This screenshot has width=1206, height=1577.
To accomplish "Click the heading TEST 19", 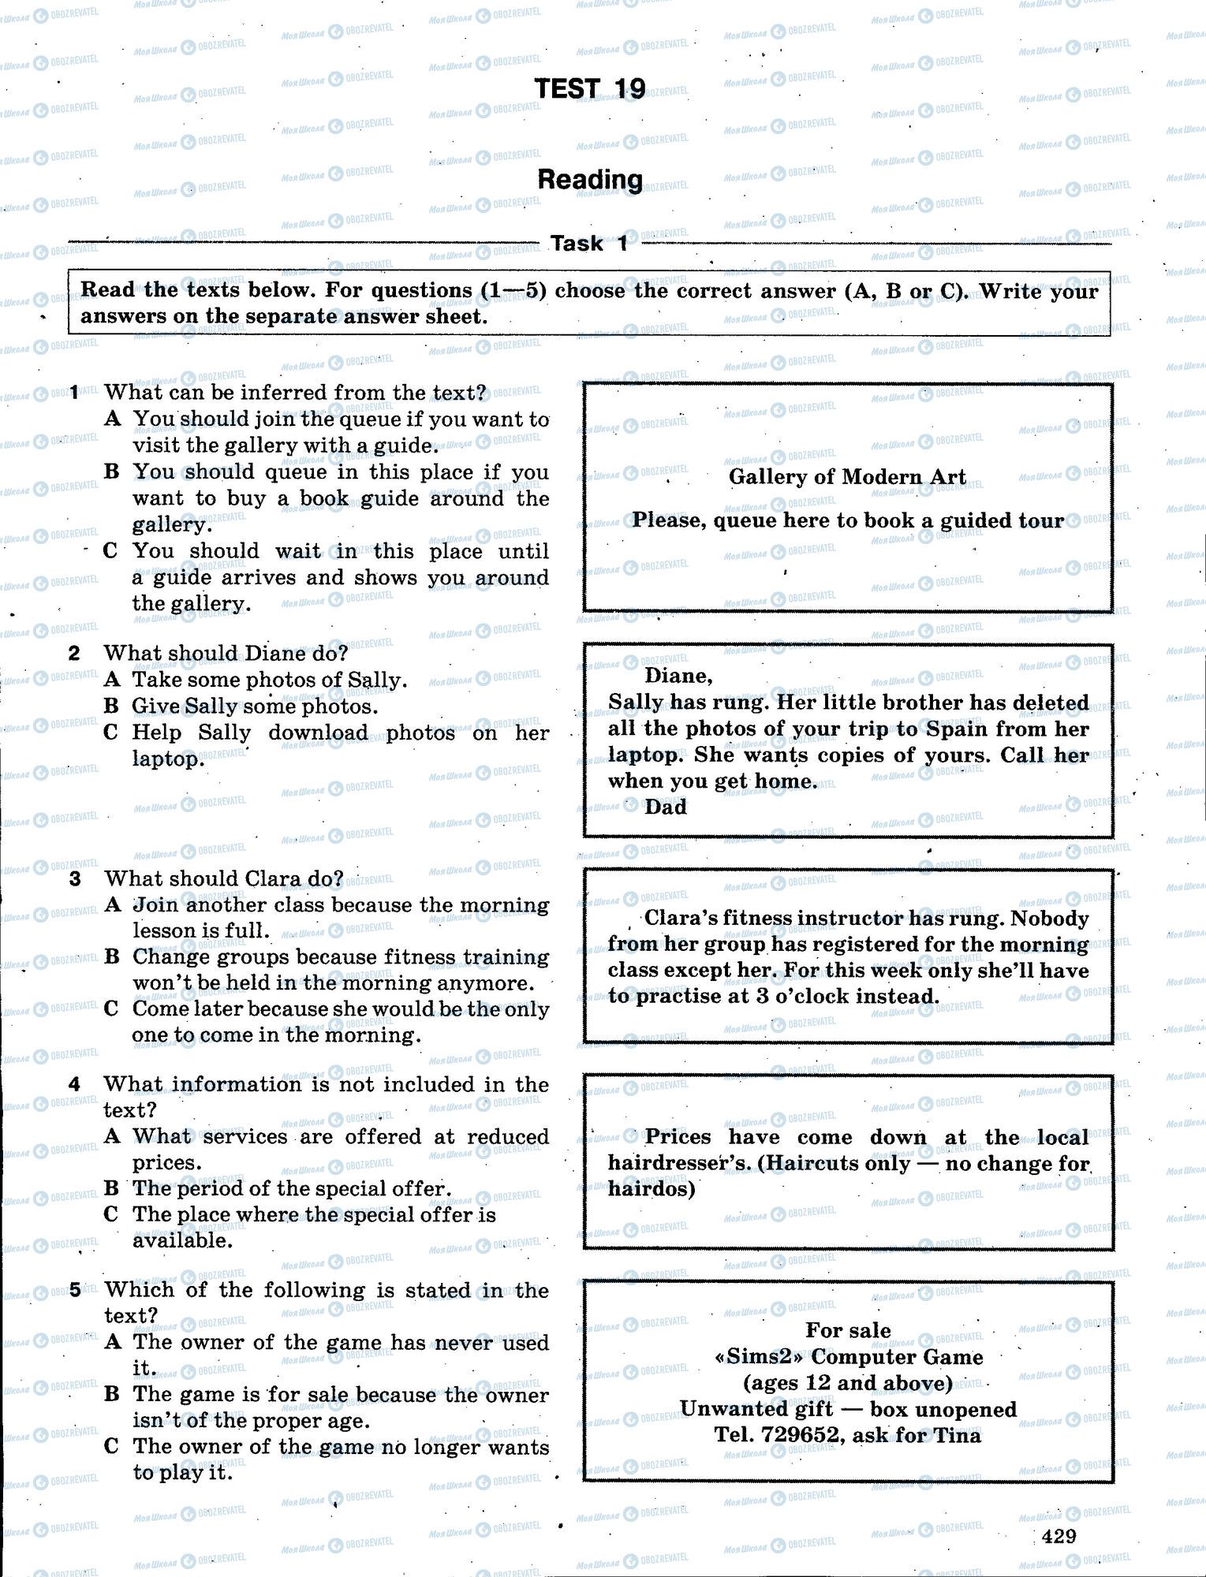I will click(590, 89).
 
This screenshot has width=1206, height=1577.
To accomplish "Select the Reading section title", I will click(590, 180).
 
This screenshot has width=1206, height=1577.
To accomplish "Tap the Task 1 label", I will click(589, 244).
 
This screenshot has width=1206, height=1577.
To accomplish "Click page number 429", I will click(1059, 1535).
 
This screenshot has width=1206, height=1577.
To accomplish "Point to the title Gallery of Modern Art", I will click(847, 477).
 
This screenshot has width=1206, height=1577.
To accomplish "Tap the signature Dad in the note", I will click(666, 807).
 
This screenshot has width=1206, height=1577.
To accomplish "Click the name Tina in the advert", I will click(958, 1435).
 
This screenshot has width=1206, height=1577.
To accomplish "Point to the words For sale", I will click(848, 1330).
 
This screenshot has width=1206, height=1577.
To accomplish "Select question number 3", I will click(75, 878).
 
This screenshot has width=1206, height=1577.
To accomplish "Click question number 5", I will click(75, 1290).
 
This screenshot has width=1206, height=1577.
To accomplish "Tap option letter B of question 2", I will click(111, 706).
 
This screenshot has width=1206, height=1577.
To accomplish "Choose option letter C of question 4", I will click(111, 1214).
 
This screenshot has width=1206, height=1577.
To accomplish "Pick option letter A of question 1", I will click(112, 419).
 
